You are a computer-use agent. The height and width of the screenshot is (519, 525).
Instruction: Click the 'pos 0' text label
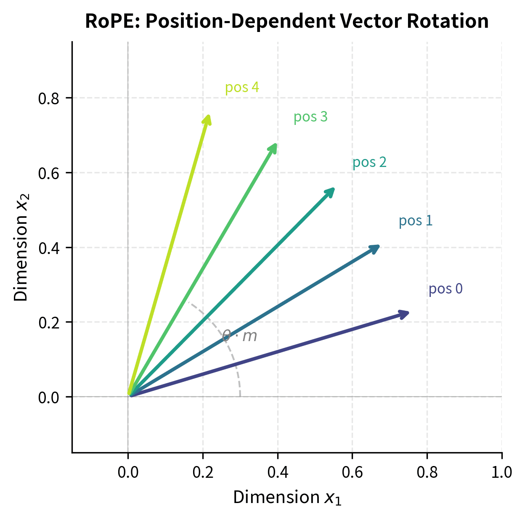click(x=445, y=289)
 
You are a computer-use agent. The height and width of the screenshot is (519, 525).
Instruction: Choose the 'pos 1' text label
click(x=416, y=221)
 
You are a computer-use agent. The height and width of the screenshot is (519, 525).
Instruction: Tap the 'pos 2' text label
click(x=369, y=162)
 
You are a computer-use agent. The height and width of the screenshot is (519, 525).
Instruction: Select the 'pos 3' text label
click(x=310, y=117)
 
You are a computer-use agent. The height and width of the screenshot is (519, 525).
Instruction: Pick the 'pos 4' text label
click(x=242, y=87)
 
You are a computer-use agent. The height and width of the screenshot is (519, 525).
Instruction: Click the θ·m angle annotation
click(x=239, y=336)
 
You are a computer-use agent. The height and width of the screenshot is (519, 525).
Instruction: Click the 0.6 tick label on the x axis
click(x=352, y=472)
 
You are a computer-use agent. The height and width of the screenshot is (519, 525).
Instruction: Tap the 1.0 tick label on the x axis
click(x=501, y=472)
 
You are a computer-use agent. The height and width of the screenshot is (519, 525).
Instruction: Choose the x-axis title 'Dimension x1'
click(x=287, y=498)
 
